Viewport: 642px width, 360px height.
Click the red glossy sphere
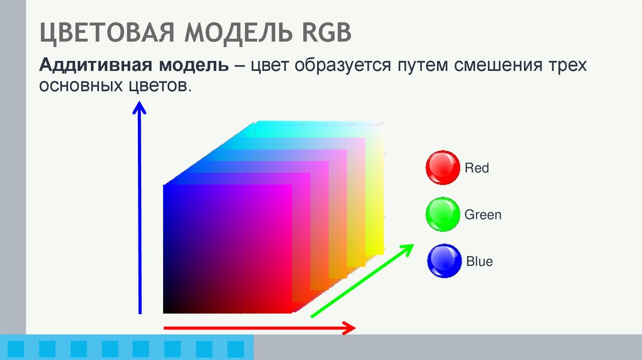[x=443, y=167]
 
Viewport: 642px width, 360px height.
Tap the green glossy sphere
[x=442, y=214]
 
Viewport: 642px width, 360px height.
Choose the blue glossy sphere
[x=444, y=261]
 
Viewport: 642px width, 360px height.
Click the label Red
[x=476, y=168]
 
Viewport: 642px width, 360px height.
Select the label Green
[x=483, y=215]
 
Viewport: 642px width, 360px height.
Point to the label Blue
[x=480, y=262]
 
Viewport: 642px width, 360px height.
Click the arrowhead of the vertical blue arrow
[x=139, y=110]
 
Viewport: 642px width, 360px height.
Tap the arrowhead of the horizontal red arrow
[x=349, y=327]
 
